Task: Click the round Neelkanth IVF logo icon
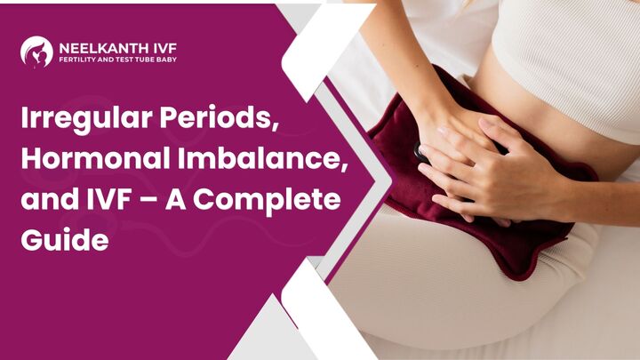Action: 36,52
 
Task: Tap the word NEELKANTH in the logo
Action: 104,49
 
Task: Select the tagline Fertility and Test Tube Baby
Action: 118,60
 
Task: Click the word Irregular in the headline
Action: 86,119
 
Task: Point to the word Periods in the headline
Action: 220,117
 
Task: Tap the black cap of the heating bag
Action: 420,153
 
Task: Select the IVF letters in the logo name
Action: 165,49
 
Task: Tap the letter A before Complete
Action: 176,199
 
